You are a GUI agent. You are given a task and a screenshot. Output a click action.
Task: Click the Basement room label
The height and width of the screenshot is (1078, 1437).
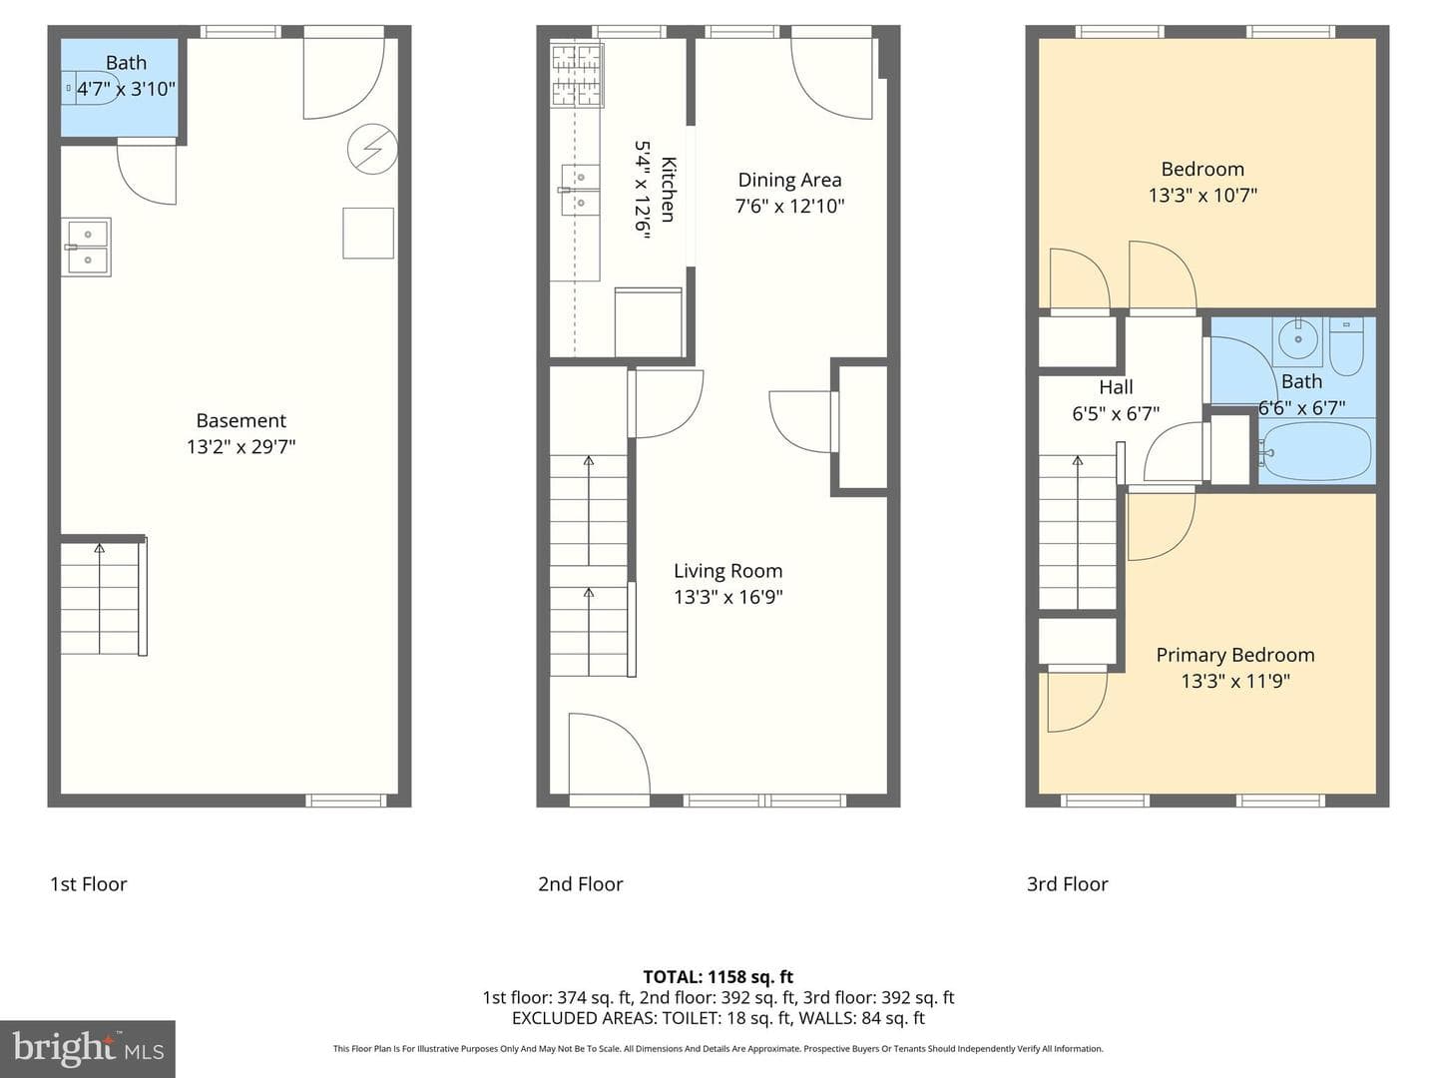coord(240,420)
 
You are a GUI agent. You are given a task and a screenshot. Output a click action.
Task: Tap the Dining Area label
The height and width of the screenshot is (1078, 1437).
coord(789,180)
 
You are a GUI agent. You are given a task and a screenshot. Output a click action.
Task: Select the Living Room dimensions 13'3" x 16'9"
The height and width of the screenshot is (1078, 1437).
coord(728,597)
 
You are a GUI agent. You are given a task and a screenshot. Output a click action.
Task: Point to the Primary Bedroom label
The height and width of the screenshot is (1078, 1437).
coord(1234,655)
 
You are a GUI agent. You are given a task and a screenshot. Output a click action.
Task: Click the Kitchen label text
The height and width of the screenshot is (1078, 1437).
coord(669,190)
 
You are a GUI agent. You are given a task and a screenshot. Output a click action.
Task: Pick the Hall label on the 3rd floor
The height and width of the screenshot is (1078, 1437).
coord(1116,387)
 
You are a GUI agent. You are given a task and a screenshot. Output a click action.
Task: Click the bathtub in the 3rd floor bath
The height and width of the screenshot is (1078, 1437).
coord(1316,451)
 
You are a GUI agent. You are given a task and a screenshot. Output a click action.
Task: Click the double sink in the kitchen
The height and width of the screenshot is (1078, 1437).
coord(580,191)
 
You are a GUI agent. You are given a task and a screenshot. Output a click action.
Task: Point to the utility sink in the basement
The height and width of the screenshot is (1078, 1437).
coord(87,248)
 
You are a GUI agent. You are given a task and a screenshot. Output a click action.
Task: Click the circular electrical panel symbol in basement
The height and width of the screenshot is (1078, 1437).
coord(372,150)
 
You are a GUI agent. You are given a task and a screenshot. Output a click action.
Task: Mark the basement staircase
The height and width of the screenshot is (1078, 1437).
coord(104,596)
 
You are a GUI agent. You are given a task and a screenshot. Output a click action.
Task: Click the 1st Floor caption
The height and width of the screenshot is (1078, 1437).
coord(89,884)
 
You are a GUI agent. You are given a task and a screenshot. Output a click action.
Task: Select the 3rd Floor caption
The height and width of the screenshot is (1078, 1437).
coord(1067,884)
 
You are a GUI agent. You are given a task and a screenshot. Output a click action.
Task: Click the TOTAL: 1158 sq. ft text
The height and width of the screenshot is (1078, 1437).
coord(718,977)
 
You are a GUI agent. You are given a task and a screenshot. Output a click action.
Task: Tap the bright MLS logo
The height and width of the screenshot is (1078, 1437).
coord(88,1048)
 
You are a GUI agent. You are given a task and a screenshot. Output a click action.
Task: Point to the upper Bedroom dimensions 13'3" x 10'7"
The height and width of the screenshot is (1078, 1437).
coord(1202,195)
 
